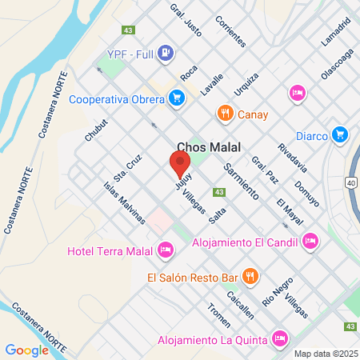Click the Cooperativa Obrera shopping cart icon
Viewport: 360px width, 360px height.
tap(177, 99)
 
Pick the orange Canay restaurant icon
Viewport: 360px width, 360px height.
tap(226, 114)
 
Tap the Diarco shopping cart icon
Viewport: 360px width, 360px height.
tap(341, 134)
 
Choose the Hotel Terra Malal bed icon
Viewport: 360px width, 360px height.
tap(166, 250)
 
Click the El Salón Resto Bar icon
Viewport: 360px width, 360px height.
tap(250, 277)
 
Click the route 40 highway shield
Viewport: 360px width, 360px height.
tap(351, 183)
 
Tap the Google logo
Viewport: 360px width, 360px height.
tap(27, 350)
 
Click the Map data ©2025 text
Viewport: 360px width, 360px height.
tap(324, 354)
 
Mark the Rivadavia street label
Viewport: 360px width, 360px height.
tap(291, 158)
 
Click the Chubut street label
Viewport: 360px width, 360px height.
tap(96, 130)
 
